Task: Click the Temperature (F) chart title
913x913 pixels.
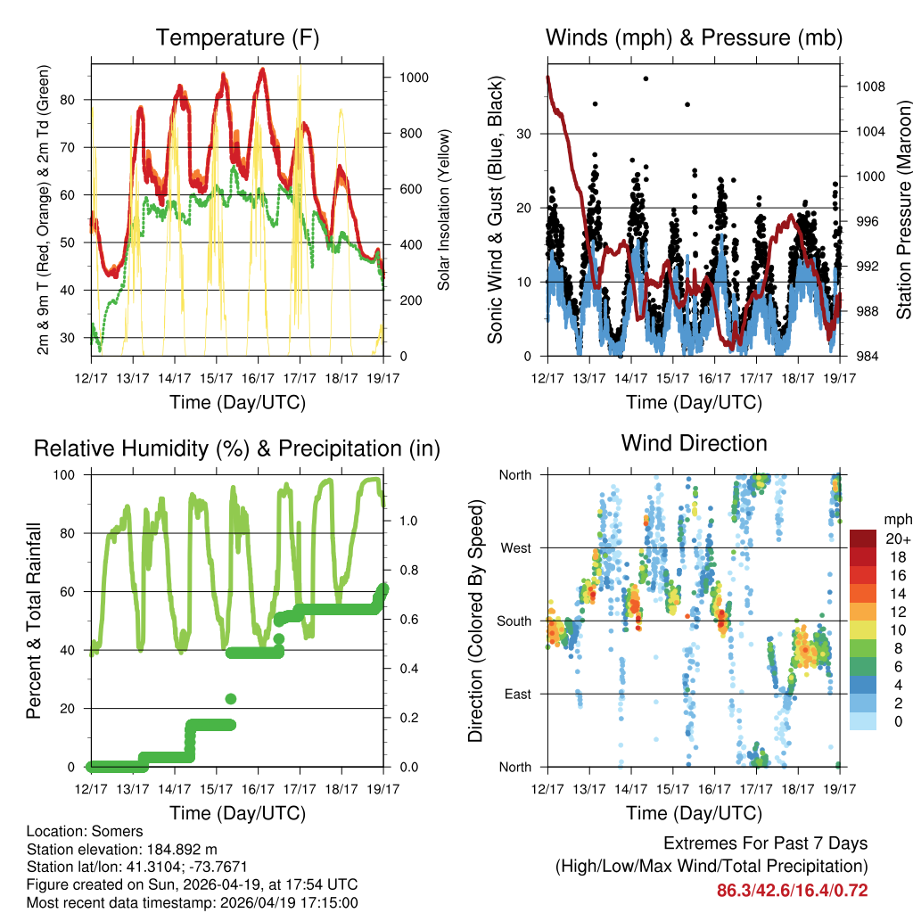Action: click(237, 38)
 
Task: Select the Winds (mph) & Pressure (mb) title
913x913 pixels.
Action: click(694, 38)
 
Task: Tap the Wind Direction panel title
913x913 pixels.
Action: click(694, 443)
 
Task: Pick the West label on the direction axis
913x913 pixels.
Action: click(514, 548)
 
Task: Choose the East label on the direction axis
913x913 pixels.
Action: click(516, 694)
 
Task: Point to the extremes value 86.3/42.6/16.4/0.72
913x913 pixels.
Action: click(792, 890)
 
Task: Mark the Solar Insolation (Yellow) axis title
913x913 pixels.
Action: click(443, 210)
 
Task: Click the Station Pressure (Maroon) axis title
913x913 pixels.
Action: click(903, 210)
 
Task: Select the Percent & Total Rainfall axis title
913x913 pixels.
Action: click(33, 621)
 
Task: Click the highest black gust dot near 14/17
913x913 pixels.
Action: click(646, 78)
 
